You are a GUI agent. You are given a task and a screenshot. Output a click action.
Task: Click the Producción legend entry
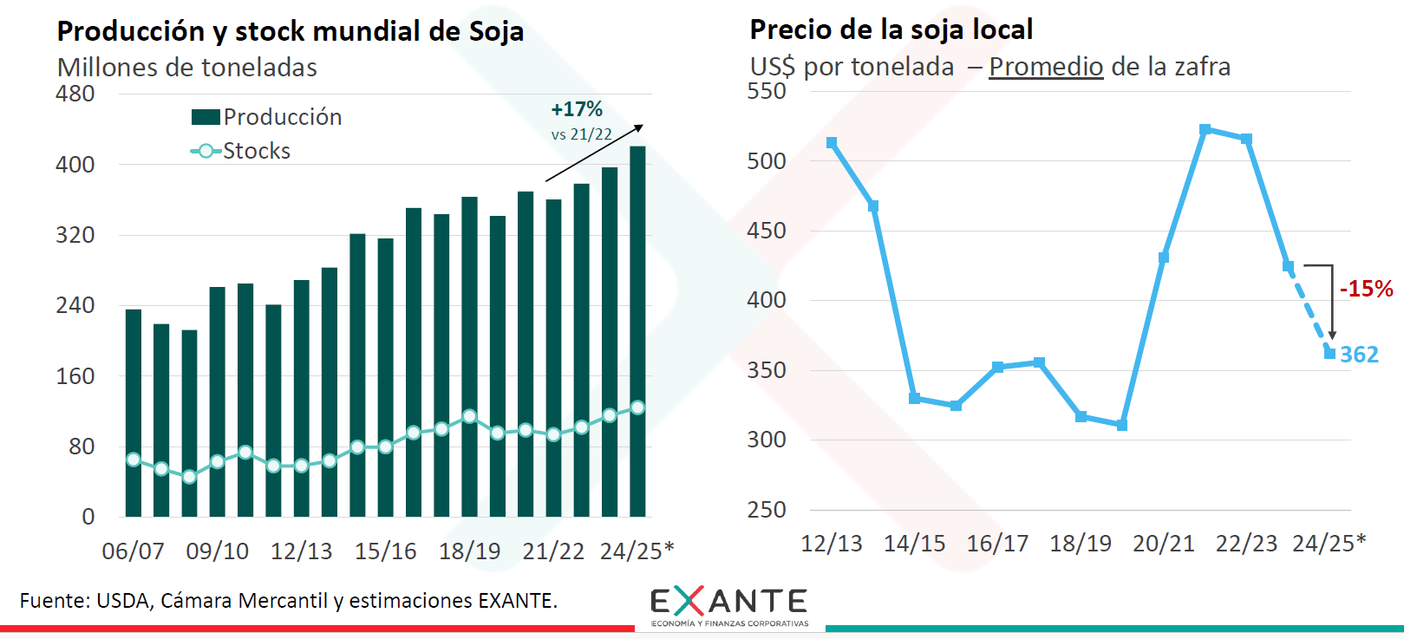267,117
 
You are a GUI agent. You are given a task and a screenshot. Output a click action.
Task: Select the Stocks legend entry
241,151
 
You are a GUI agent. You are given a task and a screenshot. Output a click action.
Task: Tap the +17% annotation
577,109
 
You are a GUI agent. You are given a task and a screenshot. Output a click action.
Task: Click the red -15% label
1366,289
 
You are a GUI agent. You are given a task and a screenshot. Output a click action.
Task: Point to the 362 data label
1359,355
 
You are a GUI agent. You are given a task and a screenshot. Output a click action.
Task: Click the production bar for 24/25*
637,329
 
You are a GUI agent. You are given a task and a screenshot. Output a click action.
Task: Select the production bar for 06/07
134,412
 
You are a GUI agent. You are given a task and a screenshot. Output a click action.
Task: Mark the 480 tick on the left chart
75,94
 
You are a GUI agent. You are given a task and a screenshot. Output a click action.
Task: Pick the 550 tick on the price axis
767,91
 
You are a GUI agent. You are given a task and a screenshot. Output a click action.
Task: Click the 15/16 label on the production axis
385,551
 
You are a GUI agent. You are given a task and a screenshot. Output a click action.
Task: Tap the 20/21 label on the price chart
1164,544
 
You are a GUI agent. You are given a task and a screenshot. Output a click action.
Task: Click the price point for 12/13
832,143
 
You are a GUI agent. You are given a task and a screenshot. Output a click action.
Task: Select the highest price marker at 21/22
1205,129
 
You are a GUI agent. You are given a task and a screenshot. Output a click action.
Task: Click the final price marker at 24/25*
1329,353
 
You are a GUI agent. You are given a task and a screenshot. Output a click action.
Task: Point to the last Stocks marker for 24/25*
637,408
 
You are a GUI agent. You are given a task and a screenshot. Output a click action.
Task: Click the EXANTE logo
728,605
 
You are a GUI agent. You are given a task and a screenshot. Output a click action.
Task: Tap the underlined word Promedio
1046,67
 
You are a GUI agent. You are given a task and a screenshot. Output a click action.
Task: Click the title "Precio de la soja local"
891,29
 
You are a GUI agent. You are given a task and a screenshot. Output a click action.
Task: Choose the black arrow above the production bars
594,153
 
